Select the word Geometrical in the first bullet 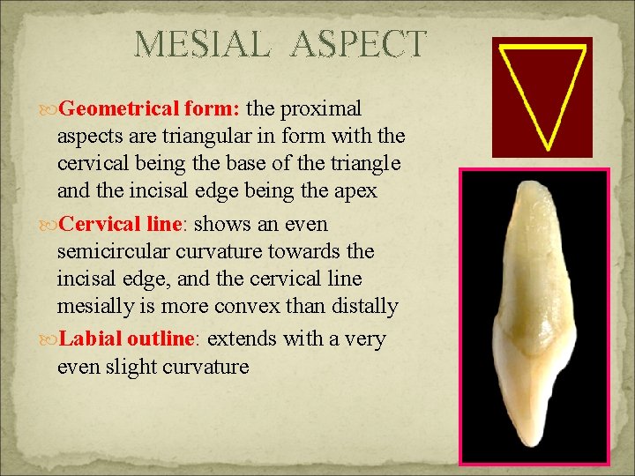tap(123, 108)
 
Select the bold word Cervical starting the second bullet tap(95, 224)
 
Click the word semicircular tap(130, 251)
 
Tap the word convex tap(284, 306)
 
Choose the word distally tap(364, 306)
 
